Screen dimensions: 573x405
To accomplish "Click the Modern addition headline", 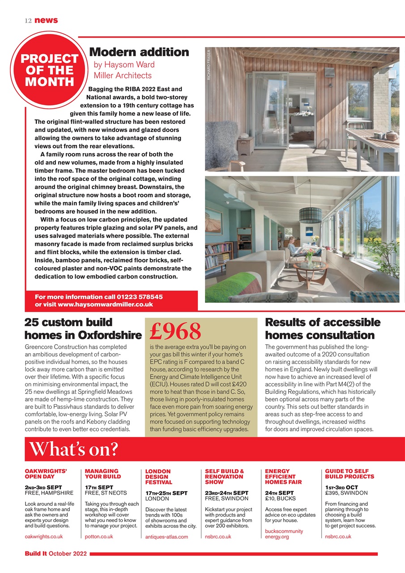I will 139,52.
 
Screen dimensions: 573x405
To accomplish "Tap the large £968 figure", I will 175,331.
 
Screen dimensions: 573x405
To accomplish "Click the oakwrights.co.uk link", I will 43,536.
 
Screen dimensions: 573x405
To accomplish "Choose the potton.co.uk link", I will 98,536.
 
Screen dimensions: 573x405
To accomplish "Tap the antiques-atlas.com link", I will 166,537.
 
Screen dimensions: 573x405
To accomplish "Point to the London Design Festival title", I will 158,477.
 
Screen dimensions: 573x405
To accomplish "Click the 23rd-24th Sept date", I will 226,493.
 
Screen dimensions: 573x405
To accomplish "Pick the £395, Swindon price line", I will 346,493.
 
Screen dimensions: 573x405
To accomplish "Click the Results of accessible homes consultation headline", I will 323,329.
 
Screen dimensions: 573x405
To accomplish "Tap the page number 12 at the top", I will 28,20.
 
